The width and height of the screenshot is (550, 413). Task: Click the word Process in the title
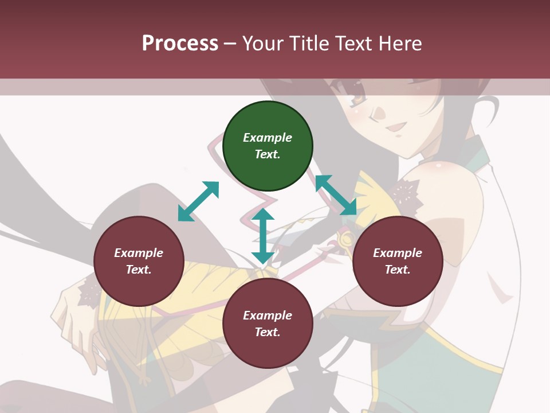pyautogui.click(x=180, y=44)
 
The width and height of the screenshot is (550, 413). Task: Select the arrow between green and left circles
pyautogui.click(x=198, y=201)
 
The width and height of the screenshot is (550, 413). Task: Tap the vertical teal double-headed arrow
pyautogui.click(x=263, y=236)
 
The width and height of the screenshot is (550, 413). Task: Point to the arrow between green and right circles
pyautogui.click(x=336, y=195)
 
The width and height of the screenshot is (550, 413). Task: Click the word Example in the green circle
pyautogui.click(x=268, y=138)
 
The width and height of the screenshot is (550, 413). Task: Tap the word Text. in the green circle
pyautogui.click(x=268, y=154)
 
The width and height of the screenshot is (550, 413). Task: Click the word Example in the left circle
pyautogui.click(x=139, y=253)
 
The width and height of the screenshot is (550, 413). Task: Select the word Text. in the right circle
pyautogui.click(x=398, y=270)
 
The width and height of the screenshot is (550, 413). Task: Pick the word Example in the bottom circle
pyautogui.click(x=268, y=315)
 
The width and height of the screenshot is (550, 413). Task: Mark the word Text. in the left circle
pyautogui.click(x=139, y=270)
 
